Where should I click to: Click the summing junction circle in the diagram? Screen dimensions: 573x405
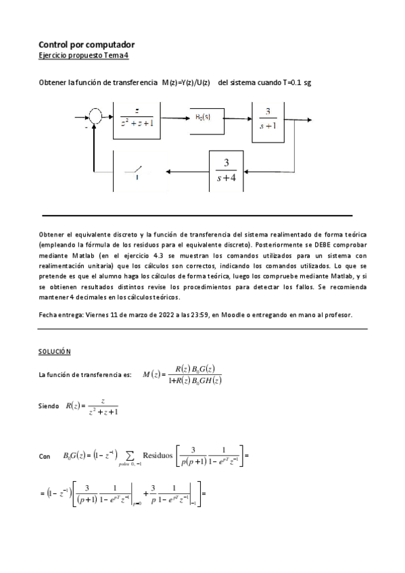(97, 118)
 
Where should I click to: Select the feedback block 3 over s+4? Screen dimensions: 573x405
(226, 171)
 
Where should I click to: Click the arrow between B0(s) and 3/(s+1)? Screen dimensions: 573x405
(235, 119)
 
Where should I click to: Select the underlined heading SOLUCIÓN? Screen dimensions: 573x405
(55, 352)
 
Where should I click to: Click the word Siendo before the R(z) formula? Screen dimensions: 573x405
(49, 407)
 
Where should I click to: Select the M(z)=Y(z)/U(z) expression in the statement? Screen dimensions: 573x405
(186, 82)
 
